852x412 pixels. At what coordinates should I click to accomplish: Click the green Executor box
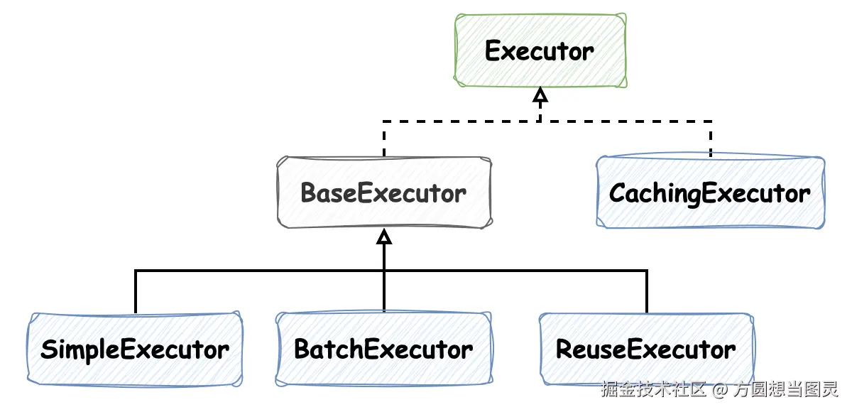click(540, 51)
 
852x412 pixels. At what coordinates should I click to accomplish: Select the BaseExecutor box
click(383, 193)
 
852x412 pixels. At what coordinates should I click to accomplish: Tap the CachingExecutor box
click(710, 193)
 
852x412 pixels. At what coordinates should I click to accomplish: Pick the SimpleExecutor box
click(135, 349)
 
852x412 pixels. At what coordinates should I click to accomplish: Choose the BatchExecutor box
click(383, 349)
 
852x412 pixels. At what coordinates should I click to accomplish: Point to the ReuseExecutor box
click(646, 349)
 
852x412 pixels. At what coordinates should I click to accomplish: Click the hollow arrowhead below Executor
click(540, 94)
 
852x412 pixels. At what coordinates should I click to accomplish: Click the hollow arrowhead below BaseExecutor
click(384, 237)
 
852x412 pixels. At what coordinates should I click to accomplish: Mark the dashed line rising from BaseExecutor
click(384, 139)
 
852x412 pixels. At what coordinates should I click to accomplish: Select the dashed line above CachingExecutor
click(710, 139)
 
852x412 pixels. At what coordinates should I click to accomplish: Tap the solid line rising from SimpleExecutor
click(135, 291)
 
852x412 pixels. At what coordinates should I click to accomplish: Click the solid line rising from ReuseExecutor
click(647, 291)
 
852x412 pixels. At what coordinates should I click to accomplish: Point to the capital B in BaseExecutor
click(308, 193)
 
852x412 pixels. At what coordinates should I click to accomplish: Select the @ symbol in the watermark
click(721, 389)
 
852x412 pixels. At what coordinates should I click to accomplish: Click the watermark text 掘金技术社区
click(653, 389)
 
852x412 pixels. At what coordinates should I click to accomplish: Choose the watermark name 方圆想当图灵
click(786, 389)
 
